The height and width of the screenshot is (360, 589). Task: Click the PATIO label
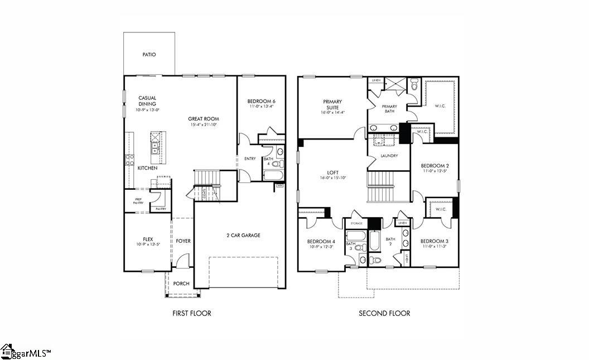pyautogui.click(x=149, y=55)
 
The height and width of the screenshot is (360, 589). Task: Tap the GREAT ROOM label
pyautogui.click(x=203, y=118)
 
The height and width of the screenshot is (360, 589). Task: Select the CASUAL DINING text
pyautogui.click(x=147, y=101)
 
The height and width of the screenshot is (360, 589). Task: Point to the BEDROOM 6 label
pyautogui.click(x=261, y=101)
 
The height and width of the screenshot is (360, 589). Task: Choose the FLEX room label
pyautogui.click(x=147, y=239)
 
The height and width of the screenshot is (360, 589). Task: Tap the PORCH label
pyautogui.click(x=181, y=284)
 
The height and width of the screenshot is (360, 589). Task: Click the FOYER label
pyautogui.click(x=184, y=241)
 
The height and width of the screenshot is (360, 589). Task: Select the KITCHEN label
pyautogui.click(x=147, y=168)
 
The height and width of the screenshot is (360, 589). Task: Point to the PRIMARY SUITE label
pyautogui.click(x=332, y=104)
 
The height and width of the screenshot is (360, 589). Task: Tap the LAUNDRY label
pyautogui.click(x=389, y=156)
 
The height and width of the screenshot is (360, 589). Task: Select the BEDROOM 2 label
pyautogui.click(x=435, y=166)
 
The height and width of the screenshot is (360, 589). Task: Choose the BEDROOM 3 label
pyautogui.click(x=435, y=241)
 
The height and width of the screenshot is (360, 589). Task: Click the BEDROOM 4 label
pyautogui.click(x=321, y=241)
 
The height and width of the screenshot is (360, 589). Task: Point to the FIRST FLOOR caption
pyautogui.click(x=191, y=313)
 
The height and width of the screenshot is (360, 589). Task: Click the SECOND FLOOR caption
pyautogui.click(x=384, y=313)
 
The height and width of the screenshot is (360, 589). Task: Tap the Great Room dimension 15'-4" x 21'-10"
pyautogui.click(x=203, y=125)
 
